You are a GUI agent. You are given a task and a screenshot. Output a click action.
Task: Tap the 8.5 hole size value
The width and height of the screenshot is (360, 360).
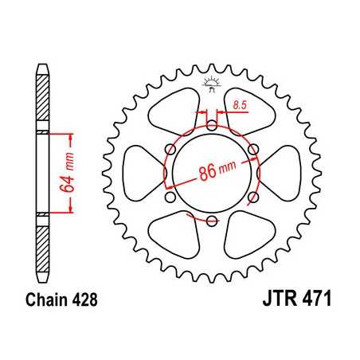238,104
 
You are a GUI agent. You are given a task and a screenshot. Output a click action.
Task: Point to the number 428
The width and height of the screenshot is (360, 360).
84,301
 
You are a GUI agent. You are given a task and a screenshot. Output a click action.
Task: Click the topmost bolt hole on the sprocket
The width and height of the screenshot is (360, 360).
211,124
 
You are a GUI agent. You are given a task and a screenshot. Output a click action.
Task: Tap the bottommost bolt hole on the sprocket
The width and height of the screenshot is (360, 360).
211,221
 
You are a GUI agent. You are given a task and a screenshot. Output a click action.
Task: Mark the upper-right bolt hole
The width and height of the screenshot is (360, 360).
254,149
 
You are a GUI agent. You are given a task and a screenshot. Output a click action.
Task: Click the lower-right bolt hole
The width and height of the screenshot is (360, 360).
254,198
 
